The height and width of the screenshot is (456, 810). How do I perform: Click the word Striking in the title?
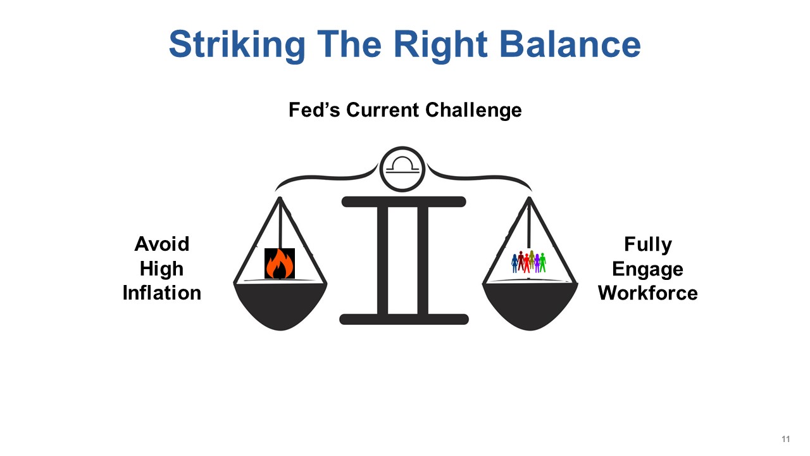(237, 46)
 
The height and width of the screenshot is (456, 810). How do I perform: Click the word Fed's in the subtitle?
(315, 110)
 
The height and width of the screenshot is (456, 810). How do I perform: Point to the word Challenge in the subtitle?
(473, 110)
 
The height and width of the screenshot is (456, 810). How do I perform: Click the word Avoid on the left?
(162, 244)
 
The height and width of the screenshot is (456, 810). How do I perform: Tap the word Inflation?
(162, 293)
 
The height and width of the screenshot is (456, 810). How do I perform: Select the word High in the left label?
(161, 269)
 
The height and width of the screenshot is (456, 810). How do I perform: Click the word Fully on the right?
(648, 244)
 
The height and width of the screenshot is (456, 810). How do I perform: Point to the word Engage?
(647, 270)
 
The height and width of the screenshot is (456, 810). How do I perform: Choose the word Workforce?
(647, 293)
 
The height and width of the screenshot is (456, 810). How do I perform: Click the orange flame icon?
(280, 263)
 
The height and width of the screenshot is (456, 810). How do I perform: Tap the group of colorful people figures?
(528, 262)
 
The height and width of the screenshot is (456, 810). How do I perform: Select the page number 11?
(785, 439)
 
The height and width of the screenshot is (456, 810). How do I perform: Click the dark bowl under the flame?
(280, 306)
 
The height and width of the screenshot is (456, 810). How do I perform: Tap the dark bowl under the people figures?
(530, 306)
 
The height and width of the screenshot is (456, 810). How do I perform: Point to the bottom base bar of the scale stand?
(404, 319)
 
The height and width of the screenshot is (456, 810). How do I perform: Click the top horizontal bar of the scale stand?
(404, 201)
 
